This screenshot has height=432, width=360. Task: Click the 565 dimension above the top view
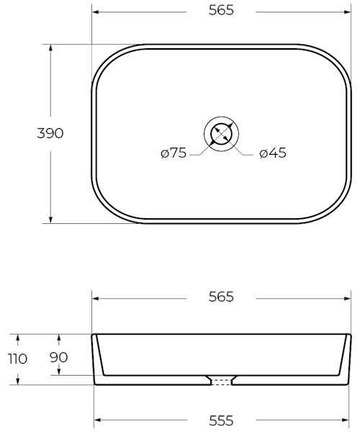(221, 10)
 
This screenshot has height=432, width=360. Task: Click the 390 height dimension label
(50, 133)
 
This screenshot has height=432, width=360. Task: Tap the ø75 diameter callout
(174, 153)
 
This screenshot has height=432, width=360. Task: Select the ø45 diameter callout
(273, 153)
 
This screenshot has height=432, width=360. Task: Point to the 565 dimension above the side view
(221, 297)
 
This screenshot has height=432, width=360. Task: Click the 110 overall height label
(17, 359)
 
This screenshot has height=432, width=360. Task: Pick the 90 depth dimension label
(58, 357)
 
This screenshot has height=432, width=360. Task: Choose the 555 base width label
(221, 420)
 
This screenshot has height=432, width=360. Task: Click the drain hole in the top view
(222, 134)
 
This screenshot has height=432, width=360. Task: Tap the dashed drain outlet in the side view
(222, 382)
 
